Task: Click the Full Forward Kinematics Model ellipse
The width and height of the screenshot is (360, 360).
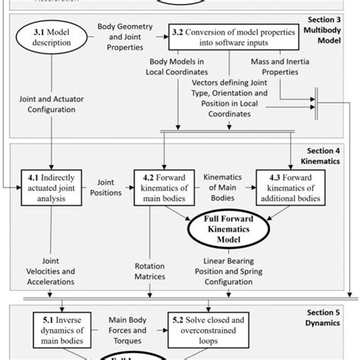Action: [x=228, y=229]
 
